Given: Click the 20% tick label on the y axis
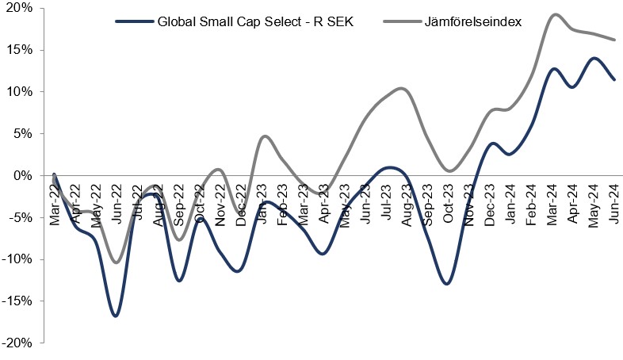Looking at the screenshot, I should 17,8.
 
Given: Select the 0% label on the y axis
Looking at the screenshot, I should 21,175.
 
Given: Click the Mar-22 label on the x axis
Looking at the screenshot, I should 54,208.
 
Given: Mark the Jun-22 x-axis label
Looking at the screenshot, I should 116,208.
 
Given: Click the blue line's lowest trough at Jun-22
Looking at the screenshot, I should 116,316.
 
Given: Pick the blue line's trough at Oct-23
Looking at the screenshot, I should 448,283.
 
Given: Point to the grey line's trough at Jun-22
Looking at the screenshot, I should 117,262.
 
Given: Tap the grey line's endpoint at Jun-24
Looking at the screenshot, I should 614,40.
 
